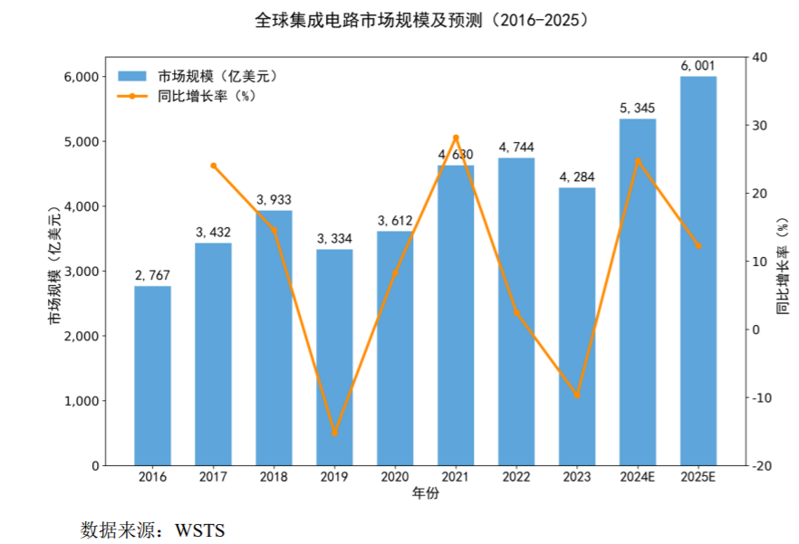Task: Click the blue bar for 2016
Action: [152, 376]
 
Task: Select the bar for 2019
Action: [334, 358]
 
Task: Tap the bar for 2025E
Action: [698, 272]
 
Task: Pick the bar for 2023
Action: [577, 326]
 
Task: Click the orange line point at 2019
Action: [334, 433]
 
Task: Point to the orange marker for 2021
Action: [456, 138]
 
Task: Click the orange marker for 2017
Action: [213, 166]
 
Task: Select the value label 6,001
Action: [698, 65]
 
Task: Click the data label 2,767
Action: [152, 275]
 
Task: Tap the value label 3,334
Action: [334, 238]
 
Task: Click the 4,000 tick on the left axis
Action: [79, 206]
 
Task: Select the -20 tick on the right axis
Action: [761, 465]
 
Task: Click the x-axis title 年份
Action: [426, 494]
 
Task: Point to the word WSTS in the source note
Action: [200, 529]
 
